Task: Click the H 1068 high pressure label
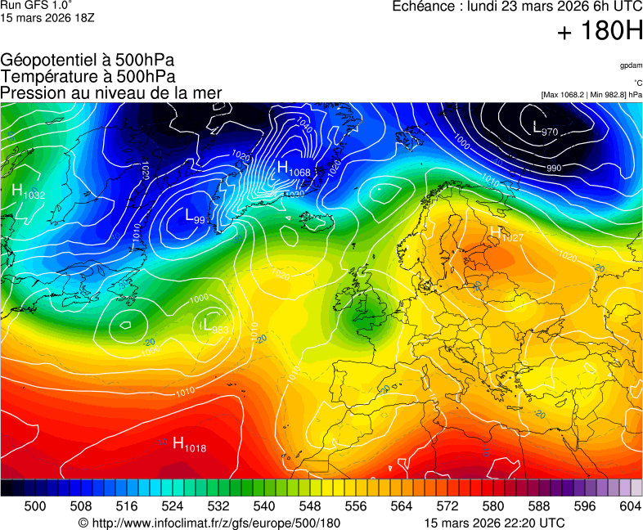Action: tap(294, 169)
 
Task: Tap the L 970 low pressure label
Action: tap(545, 129)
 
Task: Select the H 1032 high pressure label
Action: tap(29, 191)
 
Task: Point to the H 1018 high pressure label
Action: tap(189, 444)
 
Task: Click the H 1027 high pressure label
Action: tap(506, 235)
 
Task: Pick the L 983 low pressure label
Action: tap(214, 326)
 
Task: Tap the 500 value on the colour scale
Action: tap(35, 506)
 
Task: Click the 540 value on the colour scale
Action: tap(264, 506)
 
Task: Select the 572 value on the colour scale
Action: tap(447, 506)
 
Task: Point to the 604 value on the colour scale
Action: tap(630, 506)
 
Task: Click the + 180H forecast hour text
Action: tap(600, 33)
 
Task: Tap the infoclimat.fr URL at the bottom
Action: tap(209, 523)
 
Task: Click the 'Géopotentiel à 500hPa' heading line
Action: tap(88, 61)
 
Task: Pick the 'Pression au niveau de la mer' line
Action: tap(111, 93)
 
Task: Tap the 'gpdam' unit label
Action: tap(631, 65)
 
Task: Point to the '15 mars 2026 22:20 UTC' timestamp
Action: tap(494, 523)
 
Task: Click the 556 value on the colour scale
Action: tap(356, 506)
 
